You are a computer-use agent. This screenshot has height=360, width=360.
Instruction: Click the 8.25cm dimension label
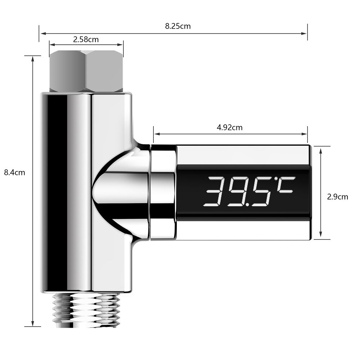[178, 26]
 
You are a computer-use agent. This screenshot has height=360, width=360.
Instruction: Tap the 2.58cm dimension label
[86, 39]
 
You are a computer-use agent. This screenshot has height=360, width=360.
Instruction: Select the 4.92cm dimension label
[230, 127]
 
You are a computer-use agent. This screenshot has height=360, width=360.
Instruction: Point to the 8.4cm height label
[14, 172]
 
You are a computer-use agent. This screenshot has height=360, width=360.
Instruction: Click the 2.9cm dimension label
[337, 197]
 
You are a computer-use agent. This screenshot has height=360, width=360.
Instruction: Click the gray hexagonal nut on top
[86, 71]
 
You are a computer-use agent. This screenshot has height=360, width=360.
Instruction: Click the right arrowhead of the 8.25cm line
[305, 33]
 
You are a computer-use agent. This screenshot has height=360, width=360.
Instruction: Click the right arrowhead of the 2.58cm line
[121, 45]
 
